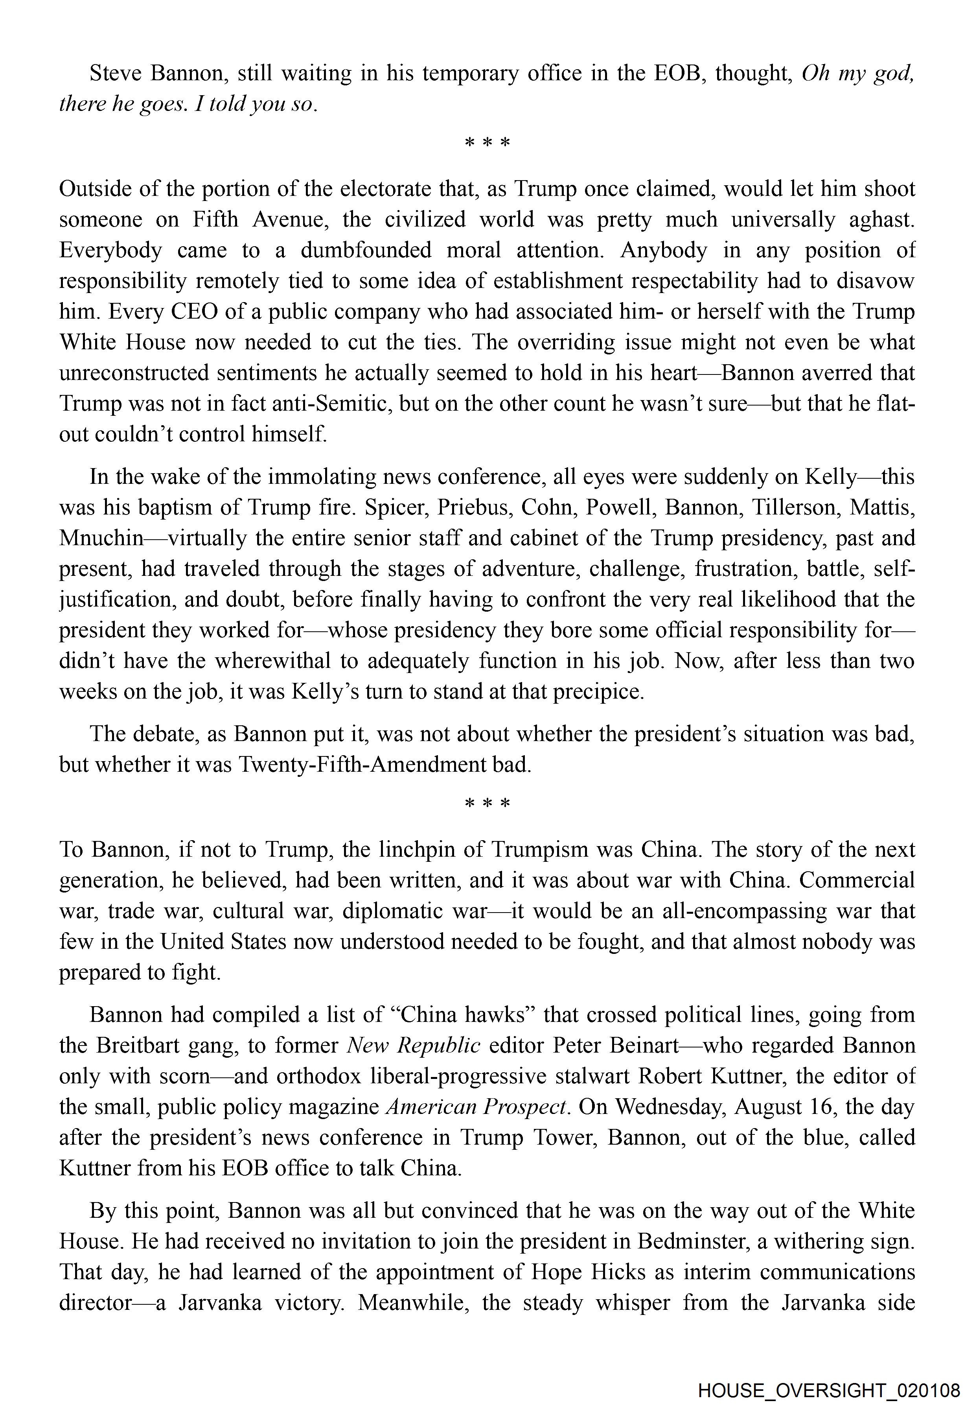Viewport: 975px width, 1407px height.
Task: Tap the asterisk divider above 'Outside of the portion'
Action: (487, 144)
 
